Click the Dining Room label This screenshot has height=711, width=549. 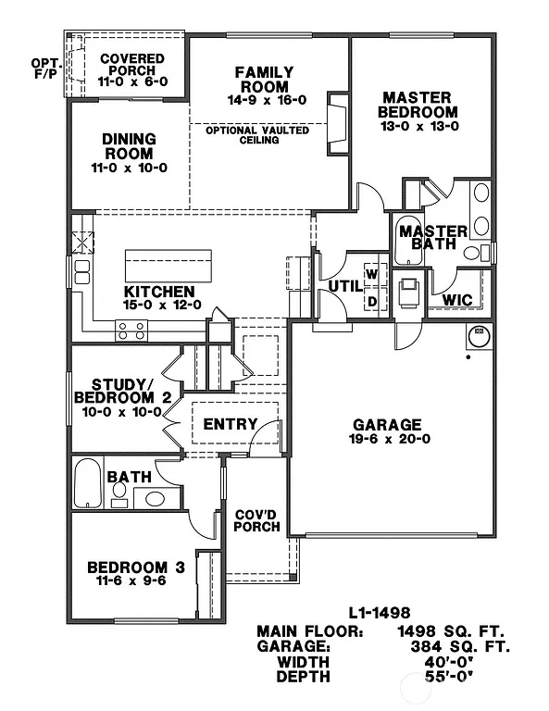pyautogui.click(x=129, y=145)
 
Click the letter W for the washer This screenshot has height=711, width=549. pyautogui.click(x=372, y=274)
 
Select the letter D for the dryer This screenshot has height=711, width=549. pyautogui.click(x=372, y=301)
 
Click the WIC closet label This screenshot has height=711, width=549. pyautogui.click(x=458, y=300)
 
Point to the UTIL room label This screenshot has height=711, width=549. pyautogui.click(x=344, y=286)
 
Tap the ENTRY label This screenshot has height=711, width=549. pyautogui.click(x=230, y=424)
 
